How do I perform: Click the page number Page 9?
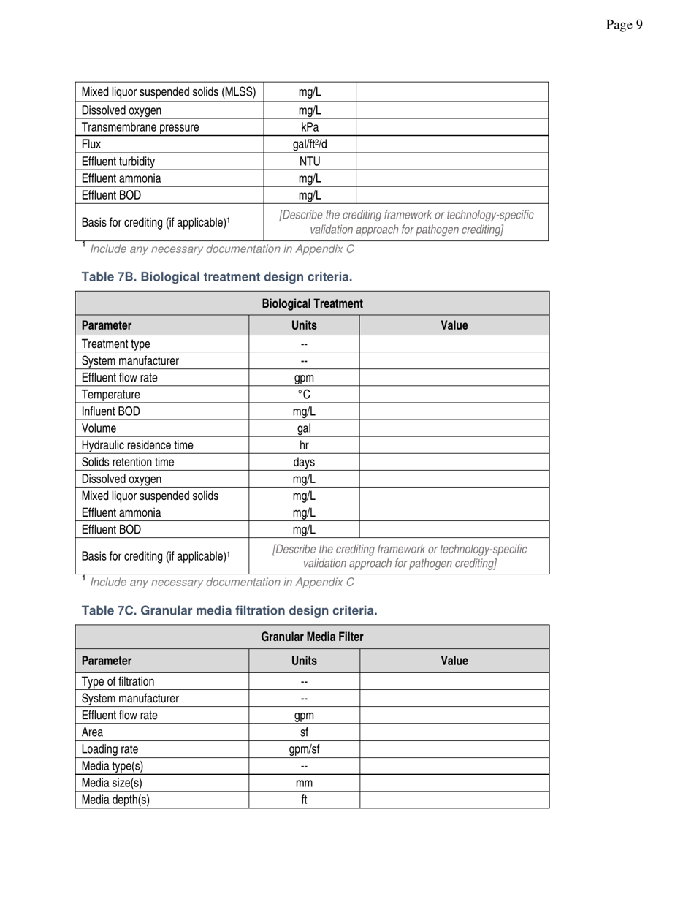tap(624, 26)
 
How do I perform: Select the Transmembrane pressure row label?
tap(140, 127)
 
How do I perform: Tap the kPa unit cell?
tap(310, 127)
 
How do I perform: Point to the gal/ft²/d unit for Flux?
tap(310, 145)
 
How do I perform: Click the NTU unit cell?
tap(310, 162)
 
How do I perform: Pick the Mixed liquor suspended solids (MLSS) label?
tap(168, 92)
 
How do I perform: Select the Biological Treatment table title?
tap(312, 303)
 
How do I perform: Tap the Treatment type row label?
tap(116, 344)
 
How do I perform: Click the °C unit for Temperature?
tap(304, 395)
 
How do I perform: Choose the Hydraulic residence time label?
tap(137, 445)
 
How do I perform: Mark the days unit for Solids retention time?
tap(304, 462)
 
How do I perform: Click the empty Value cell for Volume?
tap(454, 428)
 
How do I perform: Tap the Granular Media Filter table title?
tap(312, 637)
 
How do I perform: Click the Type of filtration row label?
tap(118, 682)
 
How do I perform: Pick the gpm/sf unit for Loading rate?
tap(304, 749)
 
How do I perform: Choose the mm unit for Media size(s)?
tap(304, 783)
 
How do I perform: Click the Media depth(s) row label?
tap(115, 800)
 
